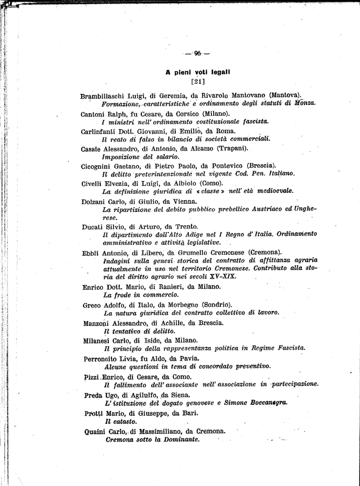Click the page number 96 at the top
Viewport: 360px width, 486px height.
coord(198,53)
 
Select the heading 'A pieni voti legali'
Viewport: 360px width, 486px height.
coord(198,73)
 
